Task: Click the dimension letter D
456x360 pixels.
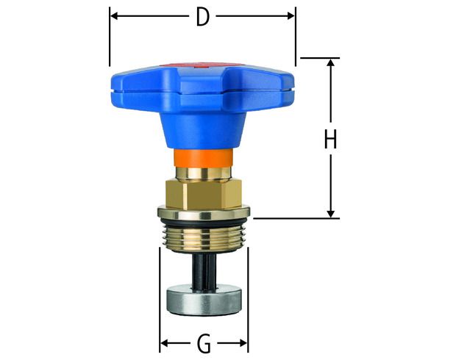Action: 203,17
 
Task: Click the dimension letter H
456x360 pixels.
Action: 330,139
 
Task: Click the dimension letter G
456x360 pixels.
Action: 204,343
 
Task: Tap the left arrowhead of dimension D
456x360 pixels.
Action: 114,15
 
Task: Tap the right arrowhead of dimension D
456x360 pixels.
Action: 291,15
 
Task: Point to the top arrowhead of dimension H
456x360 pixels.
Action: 331,62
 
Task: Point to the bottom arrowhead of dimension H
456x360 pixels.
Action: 331,214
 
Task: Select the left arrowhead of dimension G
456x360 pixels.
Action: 164,343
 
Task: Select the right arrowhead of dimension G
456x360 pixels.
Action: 243,343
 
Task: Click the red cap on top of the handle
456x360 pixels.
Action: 202,65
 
